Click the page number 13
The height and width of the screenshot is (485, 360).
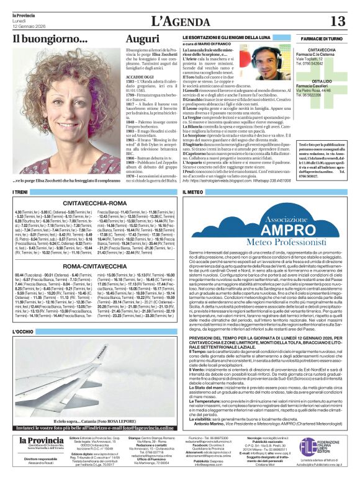pyautogui.click(x=338, y=21)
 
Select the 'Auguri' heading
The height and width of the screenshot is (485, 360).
pyautogui.click(x=143, y=40)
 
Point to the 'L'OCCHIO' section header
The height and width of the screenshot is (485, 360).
pyautogui.click(x=23, y=332)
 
